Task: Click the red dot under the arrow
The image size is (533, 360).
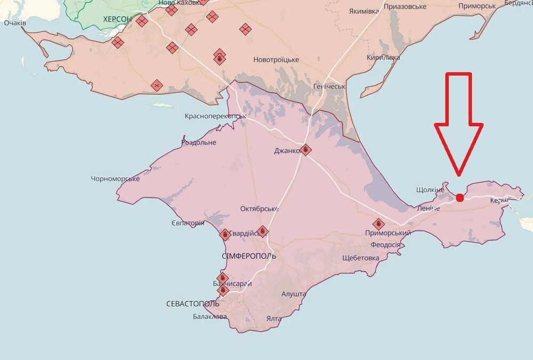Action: click(460, 198)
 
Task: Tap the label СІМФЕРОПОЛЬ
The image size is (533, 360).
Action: click(249, 256)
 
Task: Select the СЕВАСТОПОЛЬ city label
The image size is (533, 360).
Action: click(192, 304)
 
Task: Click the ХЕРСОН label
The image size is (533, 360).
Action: click(117, 19)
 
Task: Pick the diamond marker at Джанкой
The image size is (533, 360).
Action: click(305, 150)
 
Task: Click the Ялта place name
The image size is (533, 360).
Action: click(274, 318)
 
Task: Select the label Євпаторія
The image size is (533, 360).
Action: click(188, 223)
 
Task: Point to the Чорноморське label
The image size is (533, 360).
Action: click(116, 179)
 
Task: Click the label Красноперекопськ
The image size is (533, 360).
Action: click(215, 116)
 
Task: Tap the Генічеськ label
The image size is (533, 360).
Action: click(329, 86)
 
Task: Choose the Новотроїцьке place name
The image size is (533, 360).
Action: click(276, 60)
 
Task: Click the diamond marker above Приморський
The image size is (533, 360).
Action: click(379, 224)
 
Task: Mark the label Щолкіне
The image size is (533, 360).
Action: click(430, 190)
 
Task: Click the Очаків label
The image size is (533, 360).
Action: click(17, 23)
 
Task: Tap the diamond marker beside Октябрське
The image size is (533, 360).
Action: click(262, 231)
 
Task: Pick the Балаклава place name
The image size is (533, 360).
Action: click(210, 317)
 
